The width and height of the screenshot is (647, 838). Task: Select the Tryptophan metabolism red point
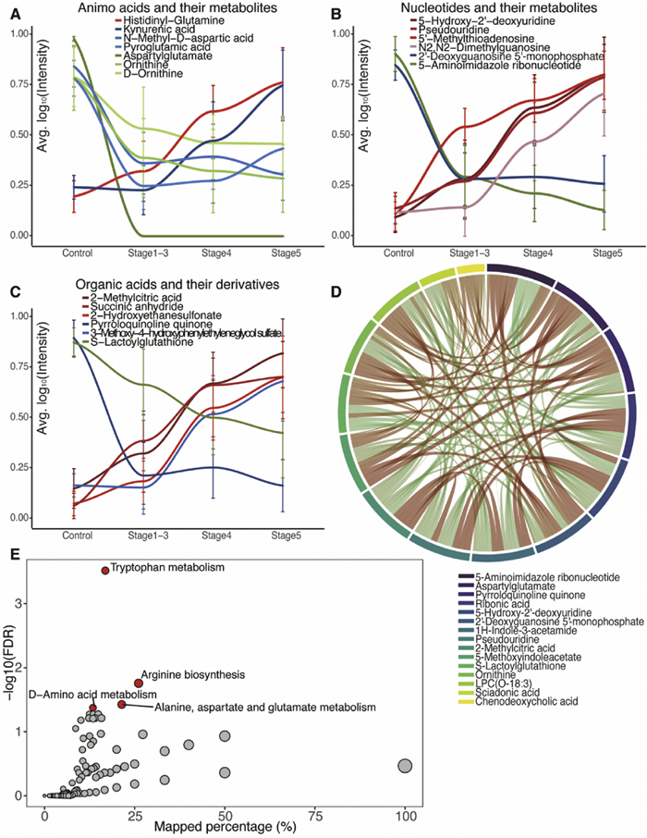click(x=105, y=571)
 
